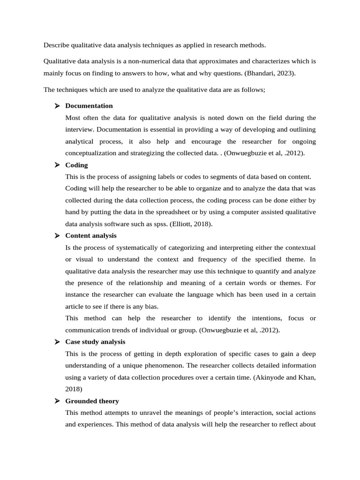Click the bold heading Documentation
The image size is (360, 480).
[x=89, y=105]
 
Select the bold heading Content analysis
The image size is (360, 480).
[x=91, y=235]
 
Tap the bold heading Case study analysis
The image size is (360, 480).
[x=95, y=342]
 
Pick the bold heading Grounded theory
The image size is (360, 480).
[x=92, y=401]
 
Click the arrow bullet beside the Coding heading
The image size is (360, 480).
[x=57, y=165]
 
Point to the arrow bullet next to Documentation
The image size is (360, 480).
[x=57, y=105]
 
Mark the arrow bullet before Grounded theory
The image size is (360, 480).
[x=57, y=401]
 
